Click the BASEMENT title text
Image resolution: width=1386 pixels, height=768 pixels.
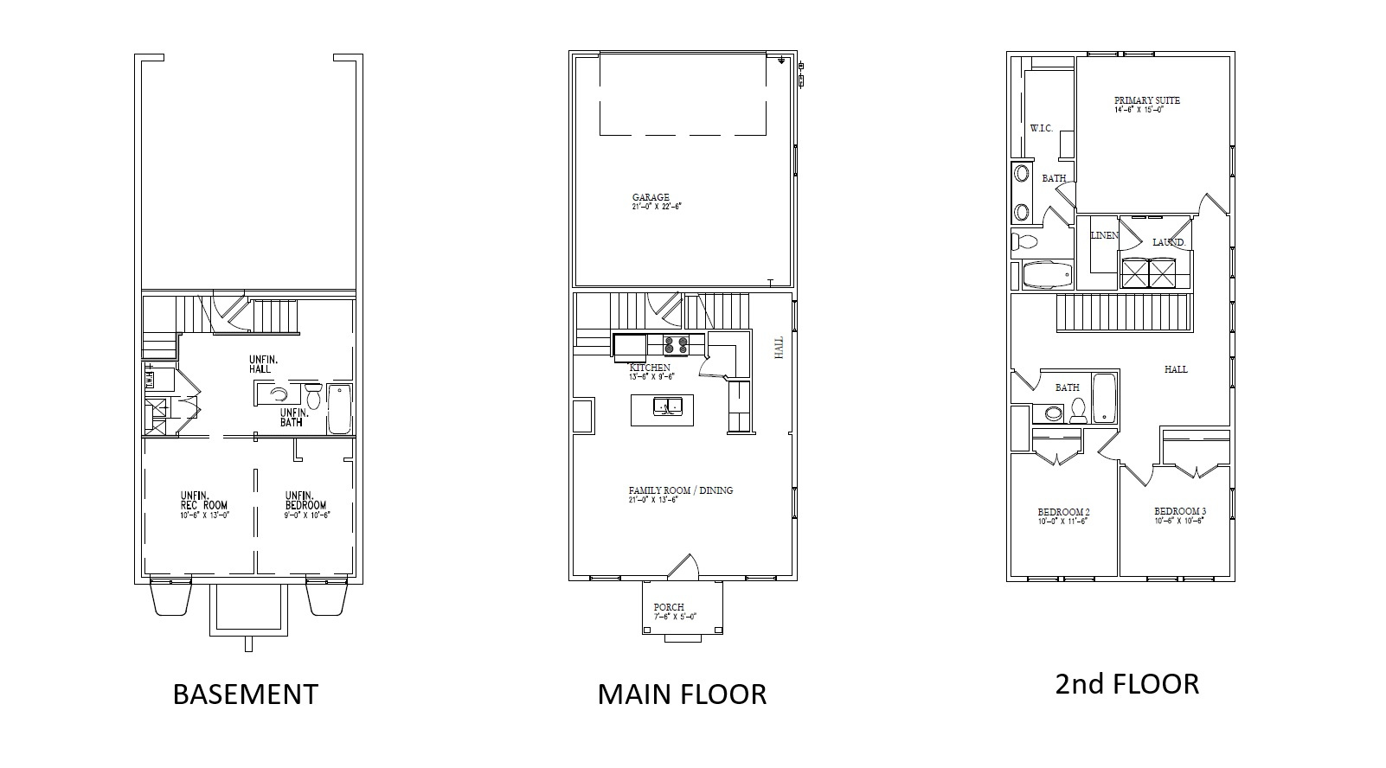coord(246,694)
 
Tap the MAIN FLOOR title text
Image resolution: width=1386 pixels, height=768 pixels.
coord(682,694)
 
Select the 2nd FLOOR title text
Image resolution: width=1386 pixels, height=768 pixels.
coord(1126,684)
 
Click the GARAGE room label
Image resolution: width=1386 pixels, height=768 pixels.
coord(651,198)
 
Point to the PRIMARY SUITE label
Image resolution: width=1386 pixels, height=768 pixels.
coord(1146,100)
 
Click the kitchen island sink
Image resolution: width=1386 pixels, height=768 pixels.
coord(668,406)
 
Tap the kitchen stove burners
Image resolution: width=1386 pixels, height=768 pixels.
coord(676,345)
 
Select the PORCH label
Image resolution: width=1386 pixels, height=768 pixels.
coord(669,607)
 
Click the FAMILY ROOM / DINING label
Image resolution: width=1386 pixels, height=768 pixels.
coord(681,490)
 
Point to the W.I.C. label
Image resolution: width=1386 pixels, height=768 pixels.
coord(1041,129)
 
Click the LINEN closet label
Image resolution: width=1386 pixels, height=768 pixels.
coord(1104,235)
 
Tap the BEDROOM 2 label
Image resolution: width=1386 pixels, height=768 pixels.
coord(1063,512)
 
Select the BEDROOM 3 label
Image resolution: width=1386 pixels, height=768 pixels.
coord(1179,511)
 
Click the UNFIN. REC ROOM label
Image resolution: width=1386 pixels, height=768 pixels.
coord(204,500)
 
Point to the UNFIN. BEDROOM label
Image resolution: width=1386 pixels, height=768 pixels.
coord(306,500)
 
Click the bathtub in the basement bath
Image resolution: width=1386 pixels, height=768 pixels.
coord(339,410)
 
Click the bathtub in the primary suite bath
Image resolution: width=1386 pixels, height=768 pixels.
coord(1046,275)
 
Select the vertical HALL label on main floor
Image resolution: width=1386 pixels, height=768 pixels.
coord(779,348)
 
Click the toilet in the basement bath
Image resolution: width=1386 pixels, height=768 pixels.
coord(312,397)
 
